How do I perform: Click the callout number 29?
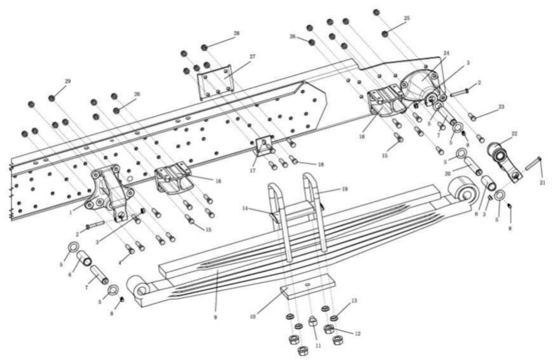pyautogui.click(x=67, y=81)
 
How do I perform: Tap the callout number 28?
pyautogui.click(x=237, y=33)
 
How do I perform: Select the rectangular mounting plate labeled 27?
pyautogui.click(x=215, y=81)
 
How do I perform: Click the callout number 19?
pyautogui.click(x=345, y=189)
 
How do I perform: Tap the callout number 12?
pyautogui.click(x=357, y=334)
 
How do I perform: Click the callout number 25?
pyautogui.click(x=406, y=18)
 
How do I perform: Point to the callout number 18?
pyautogui.click(x=321, y=164)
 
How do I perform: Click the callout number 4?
pyautogui.click(x=120, y=263)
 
